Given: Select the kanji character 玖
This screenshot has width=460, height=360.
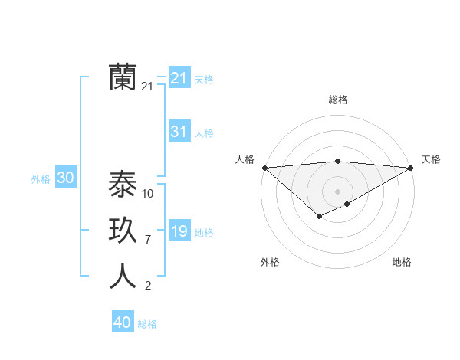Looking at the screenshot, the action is click(x=123, y=231).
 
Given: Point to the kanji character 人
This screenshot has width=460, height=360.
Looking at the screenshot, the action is click(x=123, y=277).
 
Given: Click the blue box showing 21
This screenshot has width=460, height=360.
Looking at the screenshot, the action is click(x=179, y=78).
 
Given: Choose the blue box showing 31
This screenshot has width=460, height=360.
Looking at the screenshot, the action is click(x=179, y=132).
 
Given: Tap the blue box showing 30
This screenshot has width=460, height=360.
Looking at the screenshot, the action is click(x=65, y=178).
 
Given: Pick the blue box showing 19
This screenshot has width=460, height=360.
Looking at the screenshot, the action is click(x=179, y=231).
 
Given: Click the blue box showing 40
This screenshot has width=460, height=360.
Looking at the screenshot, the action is click(x=123, y=322).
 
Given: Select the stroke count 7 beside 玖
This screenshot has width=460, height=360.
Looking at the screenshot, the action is click(x=147, y=240).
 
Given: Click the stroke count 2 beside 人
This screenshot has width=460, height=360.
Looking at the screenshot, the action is click(x=147, y=286).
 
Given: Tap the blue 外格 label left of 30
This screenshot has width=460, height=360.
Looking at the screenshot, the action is click(x=41, y=179).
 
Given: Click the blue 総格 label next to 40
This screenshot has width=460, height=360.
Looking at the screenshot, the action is click(x=147, y=324).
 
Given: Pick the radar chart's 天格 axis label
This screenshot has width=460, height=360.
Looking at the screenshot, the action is click(x=431, y=159).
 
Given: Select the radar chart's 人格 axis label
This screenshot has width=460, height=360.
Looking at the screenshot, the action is click(x=245, y=159).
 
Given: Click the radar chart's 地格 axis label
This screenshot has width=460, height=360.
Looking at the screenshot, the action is click(x=402, y=262).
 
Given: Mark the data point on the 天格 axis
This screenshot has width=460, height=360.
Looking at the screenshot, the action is click(x=411, y=168).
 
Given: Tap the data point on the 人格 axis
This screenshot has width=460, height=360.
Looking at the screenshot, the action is click(x=264, y=168).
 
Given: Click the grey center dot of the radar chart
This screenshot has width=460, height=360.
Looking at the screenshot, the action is click(x=337, y=191).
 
